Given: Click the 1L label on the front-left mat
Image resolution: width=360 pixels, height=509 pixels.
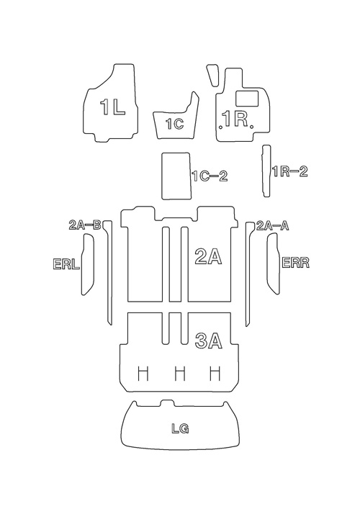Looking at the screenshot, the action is pos(112,107).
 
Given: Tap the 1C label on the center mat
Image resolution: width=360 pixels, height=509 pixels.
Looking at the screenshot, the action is pos(175,124).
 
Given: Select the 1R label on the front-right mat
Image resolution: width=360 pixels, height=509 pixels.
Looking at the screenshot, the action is pos(235,119).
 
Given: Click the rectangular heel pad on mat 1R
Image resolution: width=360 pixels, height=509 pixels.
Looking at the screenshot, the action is pos(247,99).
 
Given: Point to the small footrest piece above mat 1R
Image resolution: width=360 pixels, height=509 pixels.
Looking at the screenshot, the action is pos(212,75).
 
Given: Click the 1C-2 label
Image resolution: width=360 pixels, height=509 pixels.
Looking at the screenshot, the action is pos(210,176).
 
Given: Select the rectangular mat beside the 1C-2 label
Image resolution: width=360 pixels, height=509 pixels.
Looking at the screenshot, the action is pos(176,176).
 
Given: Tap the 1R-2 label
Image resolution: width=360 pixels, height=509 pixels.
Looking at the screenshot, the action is pos(289,171).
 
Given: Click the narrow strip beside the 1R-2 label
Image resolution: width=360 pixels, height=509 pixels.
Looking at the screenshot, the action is pos(266,171).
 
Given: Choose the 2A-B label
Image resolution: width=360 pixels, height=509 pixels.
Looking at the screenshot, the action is pos(86,225).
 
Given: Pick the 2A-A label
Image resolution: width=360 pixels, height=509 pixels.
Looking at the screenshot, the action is pos(272,225).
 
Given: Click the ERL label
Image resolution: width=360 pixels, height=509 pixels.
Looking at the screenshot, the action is pos(66,263).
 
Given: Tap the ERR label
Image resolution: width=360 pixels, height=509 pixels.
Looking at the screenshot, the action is pos(295,262).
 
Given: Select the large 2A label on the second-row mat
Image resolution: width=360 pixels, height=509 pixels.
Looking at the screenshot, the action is pos(208,256).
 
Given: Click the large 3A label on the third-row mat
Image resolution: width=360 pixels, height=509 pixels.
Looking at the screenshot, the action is pos(209,341).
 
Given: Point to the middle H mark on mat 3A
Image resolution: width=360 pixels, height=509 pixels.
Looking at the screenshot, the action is pos(180,374).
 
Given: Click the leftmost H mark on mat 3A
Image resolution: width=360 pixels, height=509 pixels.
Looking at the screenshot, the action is pos(143,374).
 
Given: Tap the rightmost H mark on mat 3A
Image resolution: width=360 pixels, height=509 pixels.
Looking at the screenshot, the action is pos(215,374).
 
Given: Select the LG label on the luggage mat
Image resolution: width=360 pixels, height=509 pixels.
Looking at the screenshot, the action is pos(180,428).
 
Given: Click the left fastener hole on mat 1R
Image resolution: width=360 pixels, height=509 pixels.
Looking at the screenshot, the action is pos(221,127).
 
